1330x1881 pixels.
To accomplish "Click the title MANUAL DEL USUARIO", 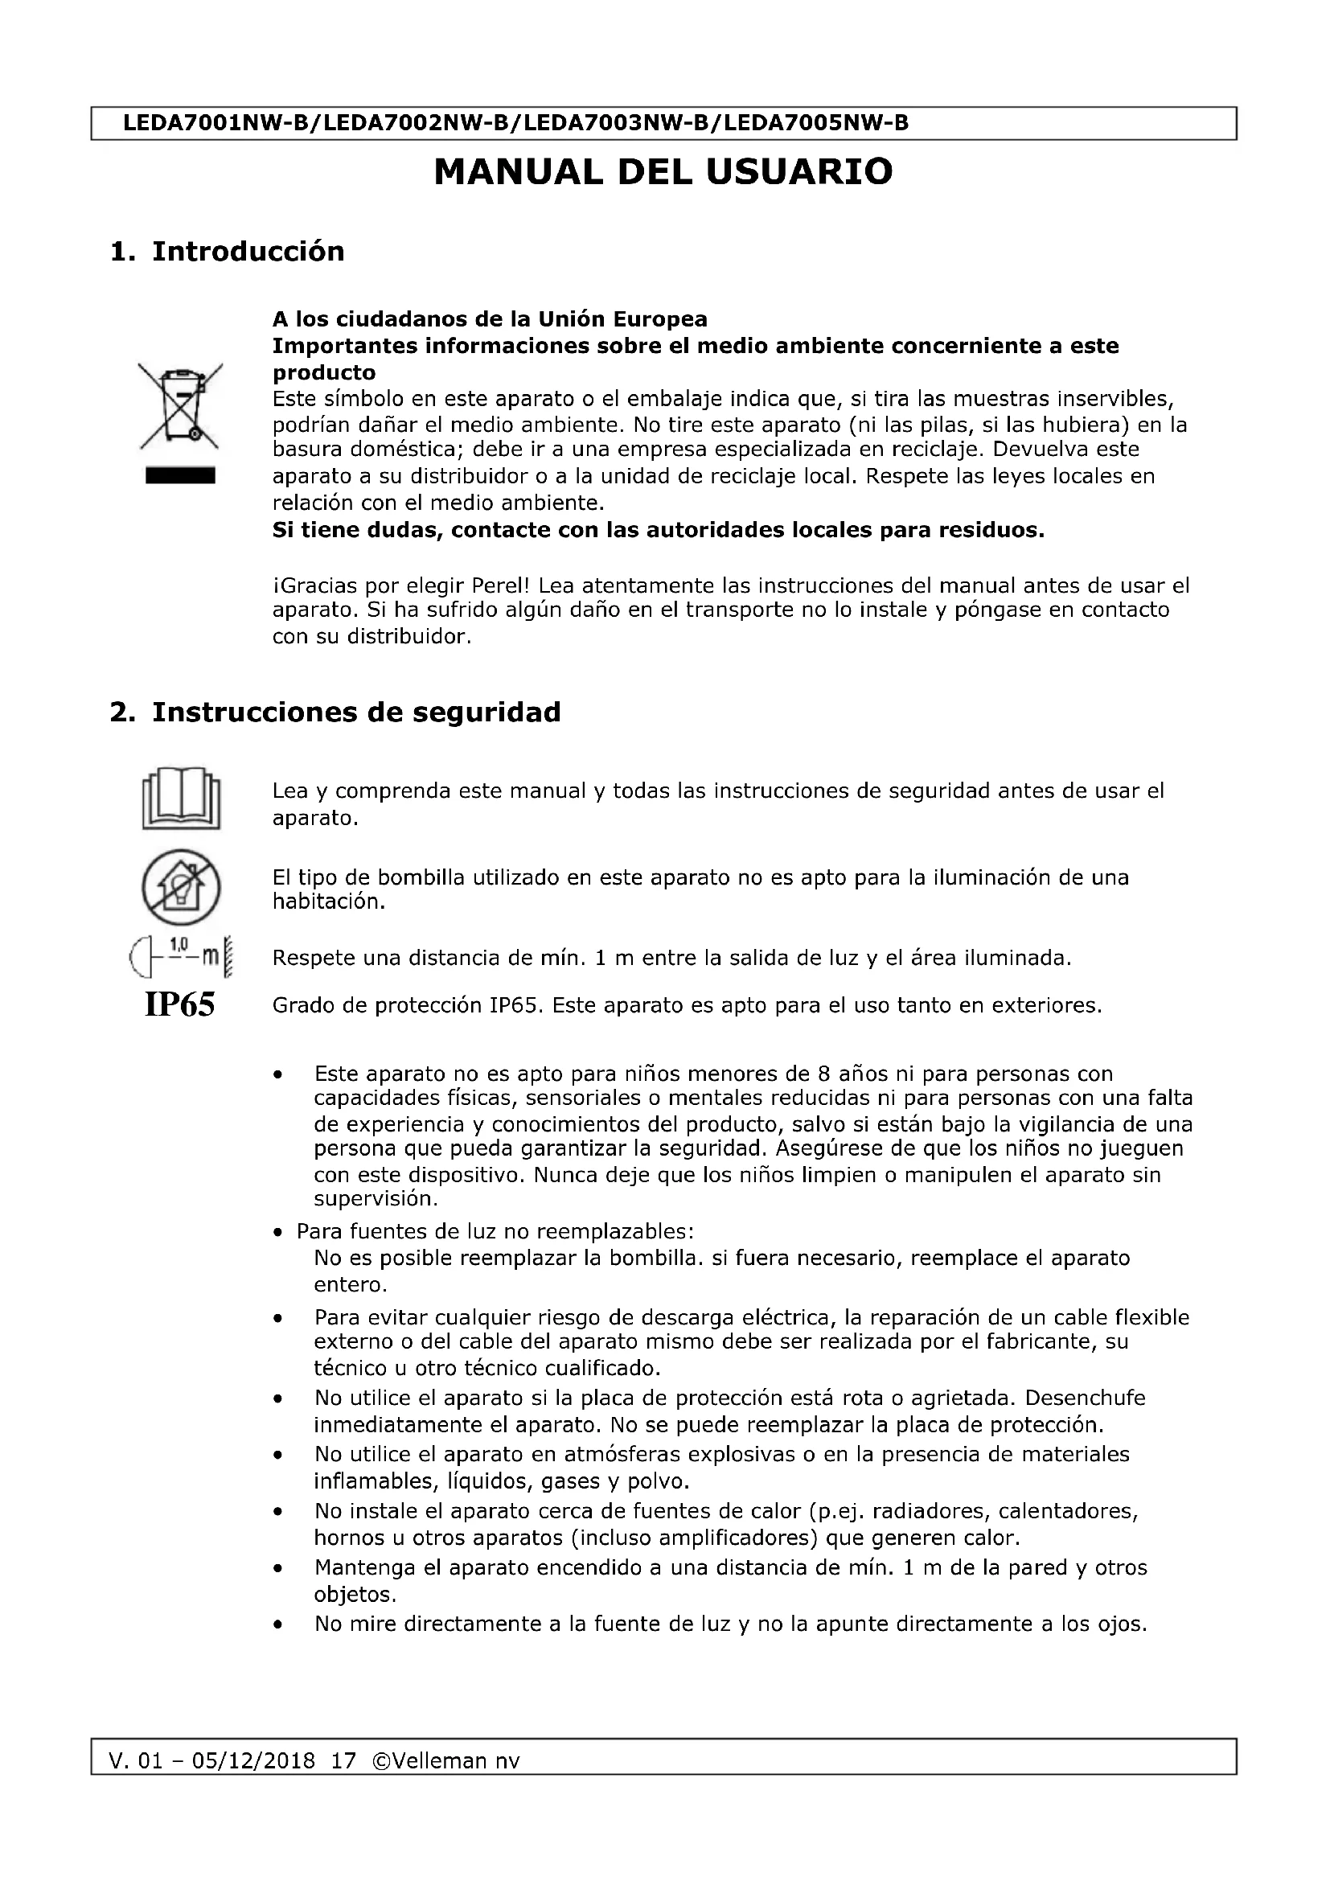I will point(663,172).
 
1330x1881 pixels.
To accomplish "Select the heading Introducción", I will point(248,252).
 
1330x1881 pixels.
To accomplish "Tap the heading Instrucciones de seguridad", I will point(356,712).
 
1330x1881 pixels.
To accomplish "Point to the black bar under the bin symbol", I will point(180,475).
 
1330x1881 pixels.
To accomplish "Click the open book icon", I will point(181,798).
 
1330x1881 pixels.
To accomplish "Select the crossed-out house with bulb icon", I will point(181,885).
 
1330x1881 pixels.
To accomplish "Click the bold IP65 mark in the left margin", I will point(179,1005).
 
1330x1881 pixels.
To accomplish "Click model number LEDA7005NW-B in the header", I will point(816,124).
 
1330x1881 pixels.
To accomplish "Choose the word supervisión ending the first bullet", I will point(376,1199).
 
